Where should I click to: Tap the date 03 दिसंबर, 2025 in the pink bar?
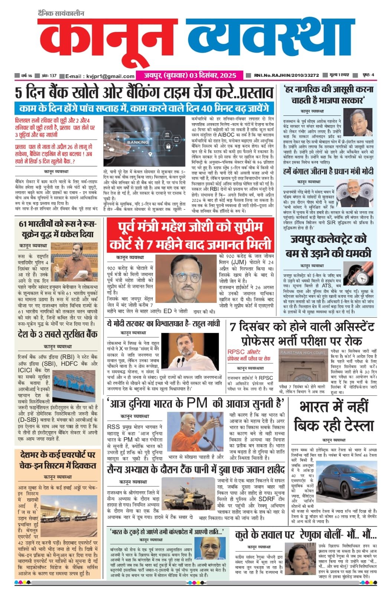pos(212,75)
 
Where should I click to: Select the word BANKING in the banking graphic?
pos(138,142)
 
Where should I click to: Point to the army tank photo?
pos(183,493)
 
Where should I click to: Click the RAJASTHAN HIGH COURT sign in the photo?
pos(303,353)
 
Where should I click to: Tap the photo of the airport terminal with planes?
pos(68,514)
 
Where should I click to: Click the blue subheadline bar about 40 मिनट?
pos(145,109)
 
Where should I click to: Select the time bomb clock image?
pos(358,273)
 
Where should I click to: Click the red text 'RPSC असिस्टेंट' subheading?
pos(244,352)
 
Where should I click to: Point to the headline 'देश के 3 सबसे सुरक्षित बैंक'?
pos(58,334)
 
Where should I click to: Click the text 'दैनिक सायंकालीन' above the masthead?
pos(61,13)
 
